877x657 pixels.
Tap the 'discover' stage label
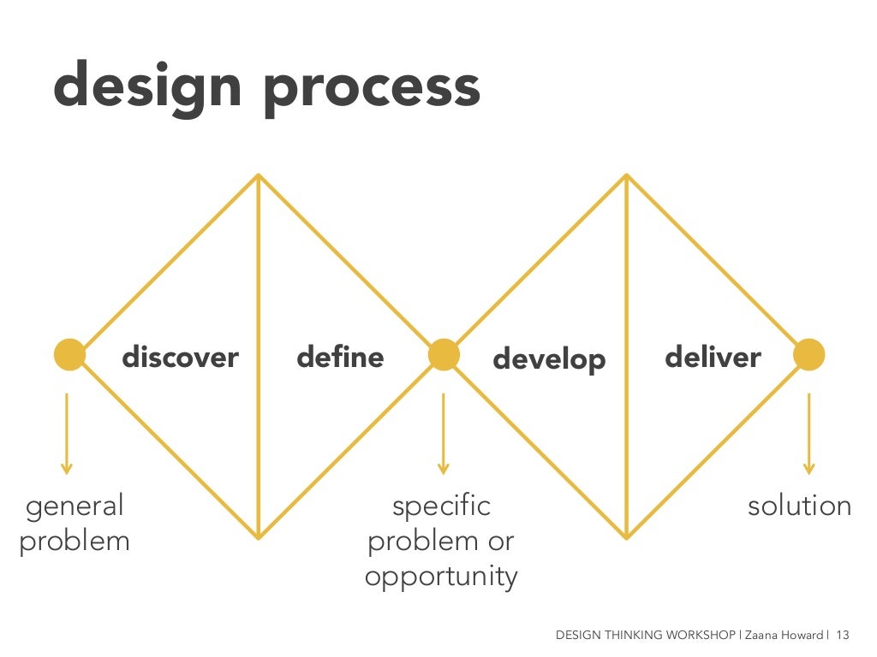click(x=180, y=357)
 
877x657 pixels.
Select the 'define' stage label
click(x=340, y=356)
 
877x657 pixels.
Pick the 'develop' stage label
click(x=549, y=359)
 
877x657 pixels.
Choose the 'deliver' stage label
click(x=713, y=356)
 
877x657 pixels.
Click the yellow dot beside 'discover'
click(x=69, y=354)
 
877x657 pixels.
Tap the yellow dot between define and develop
click(x=444, y=354)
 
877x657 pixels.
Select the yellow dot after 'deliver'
click(x=808, y=354)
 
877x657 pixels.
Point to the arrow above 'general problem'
click(x=67, y=432)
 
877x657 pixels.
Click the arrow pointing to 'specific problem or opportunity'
click(x=443, y=432)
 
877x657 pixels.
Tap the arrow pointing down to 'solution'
click(x=808, y=432)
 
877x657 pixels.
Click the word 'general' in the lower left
click(x=75, y=506)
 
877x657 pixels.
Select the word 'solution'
click(x=799, y=506)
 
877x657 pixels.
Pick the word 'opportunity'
click(x=441, y=577)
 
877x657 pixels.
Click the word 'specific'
click(x=441, y=506)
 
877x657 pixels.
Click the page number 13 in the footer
click(x=842, y=635)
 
